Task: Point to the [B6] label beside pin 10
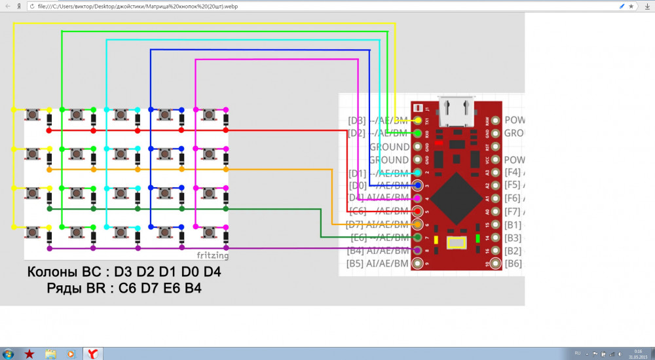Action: (x=514, y=264)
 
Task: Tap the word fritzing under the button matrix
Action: (x=213, y=254)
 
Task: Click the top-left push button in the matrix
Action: (x=31, y=115)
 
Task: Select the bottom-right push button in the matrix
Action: (x=208, y=232)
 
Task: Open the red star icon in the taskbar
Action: (x=29, y=353)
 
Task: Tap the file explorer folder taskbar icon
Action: (x=50, y=353)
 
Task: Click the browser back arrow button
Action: (x=6, y=6)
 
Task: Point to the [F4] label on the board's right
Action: (x=513, y=172)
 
